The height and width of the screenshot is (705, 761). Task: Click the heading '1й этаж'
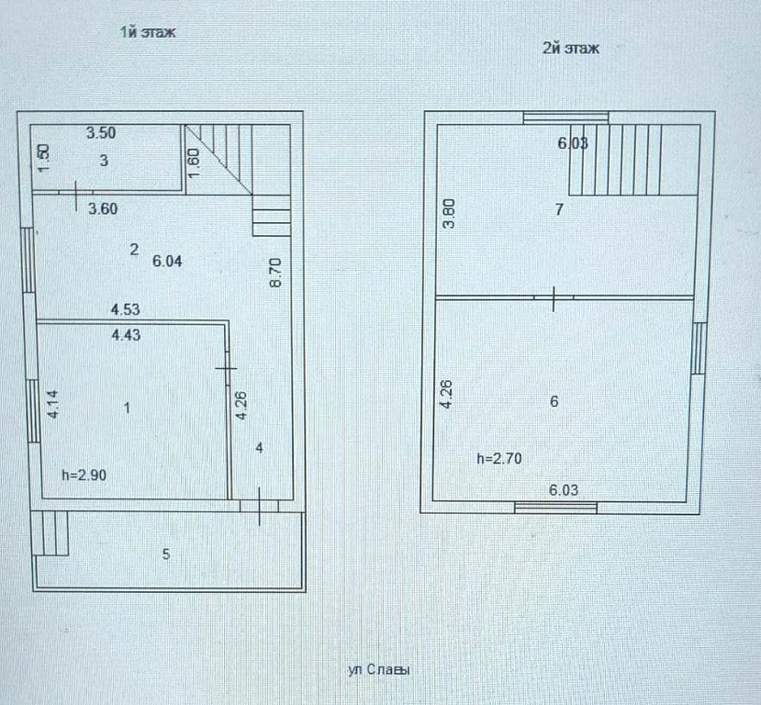[147, 32]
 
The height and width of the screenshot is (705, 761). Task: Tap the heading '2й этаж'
[571, 49]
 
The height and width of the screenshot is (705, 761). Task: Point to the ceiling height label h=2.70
[499, 459]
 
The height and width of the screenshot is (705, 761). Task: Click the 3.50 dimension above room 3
[101, 133]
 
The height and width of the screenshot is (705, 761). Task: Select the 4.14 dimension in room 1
[52, 405]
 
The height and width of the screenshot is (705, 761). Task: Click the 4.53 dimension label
[126, 309]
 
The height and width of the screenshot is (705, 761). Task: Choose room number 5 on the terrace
[165, 554]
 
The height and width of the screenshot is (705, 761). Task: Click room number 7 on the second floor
[558, 209]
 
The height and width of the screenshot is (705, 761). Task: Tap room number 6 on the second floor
[554, 401]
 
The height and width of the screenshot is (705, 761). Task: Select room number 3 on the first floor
[104, 161]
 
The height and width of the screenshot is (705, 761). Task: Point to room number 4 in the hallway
[260, 448]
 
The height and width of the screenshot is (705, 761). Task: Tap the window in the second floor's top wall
[565, 117]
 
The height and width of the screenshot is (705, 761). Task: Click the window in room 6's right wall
[699, 348]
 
